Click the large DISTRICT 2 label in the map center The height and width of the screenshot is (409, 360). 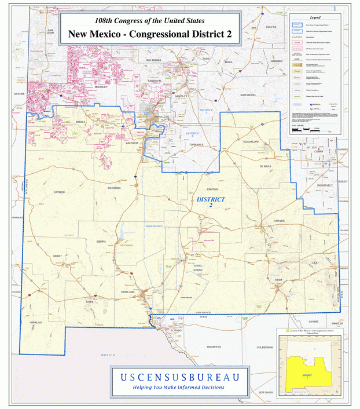(211, 202)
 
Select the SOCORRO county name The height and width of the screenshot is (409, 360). (113, 188)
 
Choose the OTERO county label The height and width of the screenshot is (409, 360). (198, 270)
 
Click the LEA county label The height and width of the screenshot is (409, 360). (315, 262)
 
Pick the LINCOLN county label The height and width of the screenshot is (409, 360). (212, 189)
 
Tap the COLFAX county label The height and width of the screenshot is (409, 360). (271, 27)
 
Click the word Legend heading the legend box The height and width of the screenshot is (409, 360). (315, 18)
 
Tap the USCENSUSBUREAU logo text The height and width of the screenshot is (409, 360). (179, 377)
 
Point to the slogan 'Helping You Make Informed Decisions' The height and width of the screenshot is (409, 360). (178, 388)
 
